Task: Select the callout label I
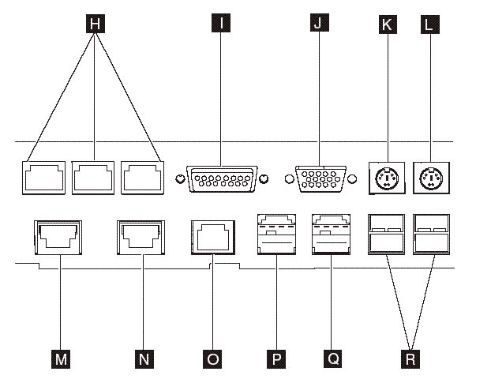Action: click(223, 24)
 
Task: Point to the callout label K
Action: click(386, 24)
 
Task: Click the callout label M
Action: click(59, 358)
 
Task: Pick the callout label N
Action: click(142, 358)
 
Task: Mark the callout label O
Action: click(212, 358)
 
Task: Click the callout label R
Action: click(410, 358)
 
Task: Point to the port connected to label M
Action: click(59, 235)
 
